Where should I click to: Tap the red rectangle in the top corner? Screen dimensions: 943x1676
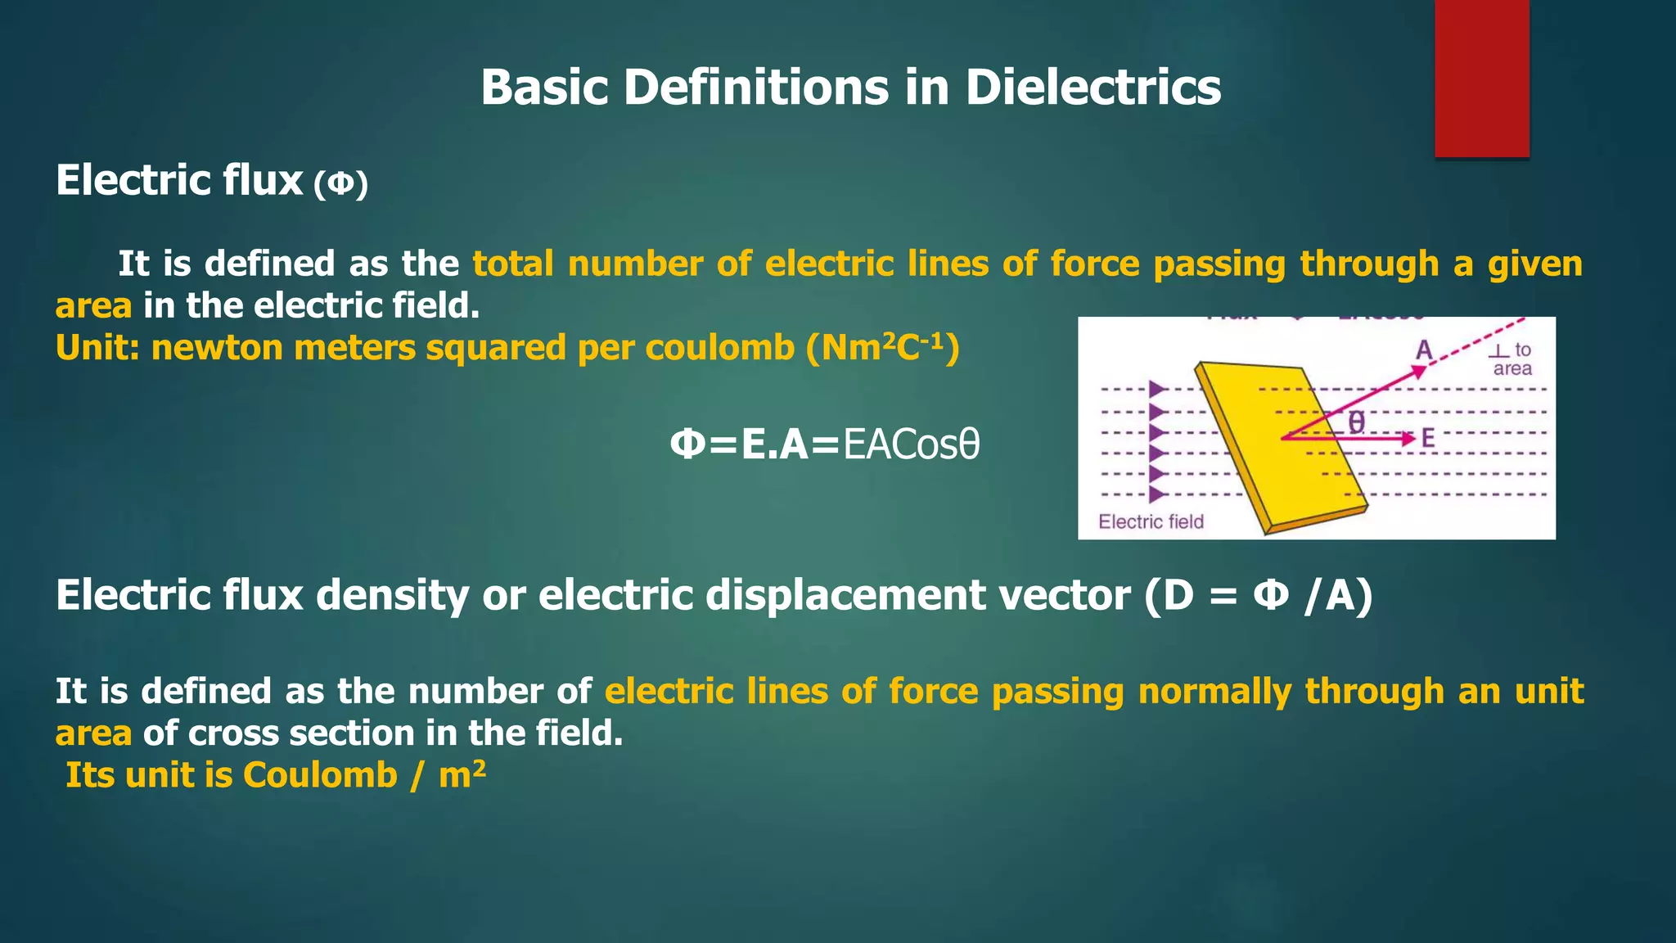[1481, 78]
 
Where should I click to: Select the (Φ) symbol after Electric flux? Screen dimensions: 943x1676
[340, 183]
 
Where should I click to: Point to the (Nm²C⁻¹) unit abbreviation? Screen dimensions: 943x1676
[882, 348]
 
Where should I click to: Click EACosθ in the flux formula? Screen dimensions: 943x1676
[911, 445]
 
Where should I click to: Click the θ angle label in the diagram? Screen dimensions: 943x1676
[1356, 422]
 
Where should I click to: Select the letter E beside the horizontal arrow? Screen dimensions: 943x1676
[1428, 439]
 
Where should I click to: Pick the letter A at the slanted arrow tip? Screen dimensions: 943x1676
[1424, 350]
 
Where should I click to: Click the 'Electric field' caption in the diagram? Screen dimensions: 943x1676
[1151, 521]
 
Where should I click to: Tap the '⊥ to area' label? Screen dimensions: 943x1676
[1511, 359]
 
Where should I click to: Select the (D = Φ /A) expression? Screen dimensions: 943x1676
[1258, 595]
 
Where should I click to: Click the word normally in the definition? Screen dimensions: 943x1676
[1214, 692]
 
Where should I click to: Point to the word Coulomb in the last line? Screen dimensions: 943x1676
[320, 775]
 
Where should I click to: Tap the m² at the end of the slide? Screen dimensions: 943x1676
[462, 774]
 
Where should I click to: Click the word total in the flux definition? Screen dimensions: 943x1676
[513, 264]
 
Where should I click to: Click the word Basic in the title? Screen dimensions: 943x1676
[544, 87]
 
